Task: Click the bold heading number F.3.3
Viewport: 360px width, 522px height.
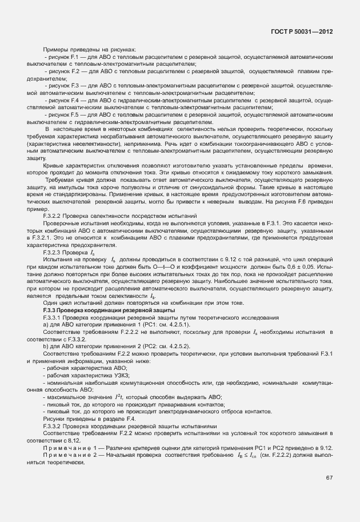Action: coord(52,309)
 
